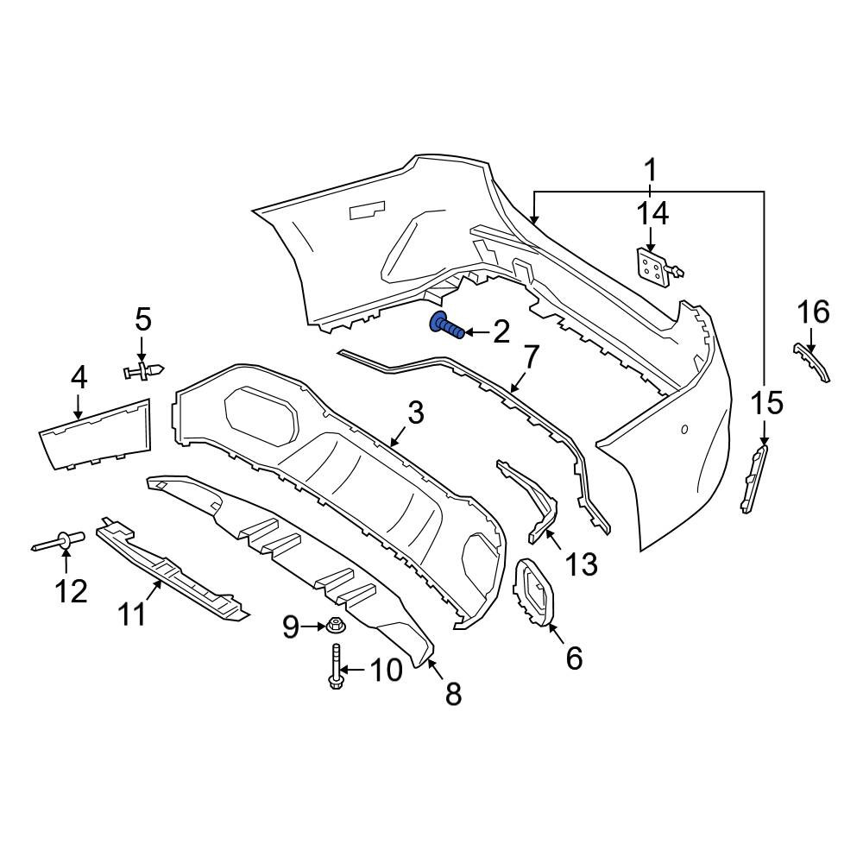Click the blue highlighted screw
pyautogui.click(x=447, y=327)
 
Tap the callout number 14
pyautogui.click(x=652, y=213)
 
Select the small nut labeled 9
pyautogui.click(x=332, y=625)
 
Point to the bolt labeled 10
pyautogui.click(x=335, y=666)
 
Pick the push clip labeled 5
pyautogui.click(x=143, y=370)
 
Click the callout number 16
pyautogui.click(x=814, y=312)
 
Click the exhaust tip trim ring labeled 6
pyautogui.click(x=532, y=593)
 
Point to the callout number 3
pyautogui.click(x=415, y=413)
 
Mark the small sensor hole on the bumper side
pyautogui.click(x=684, y=429)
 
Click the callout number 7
pyautogui.click(x=530, y=358)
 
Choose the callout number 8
pyautogui.click(x=454, y=694)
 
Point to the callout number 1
pyautogui.click(x=651, y=171)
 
